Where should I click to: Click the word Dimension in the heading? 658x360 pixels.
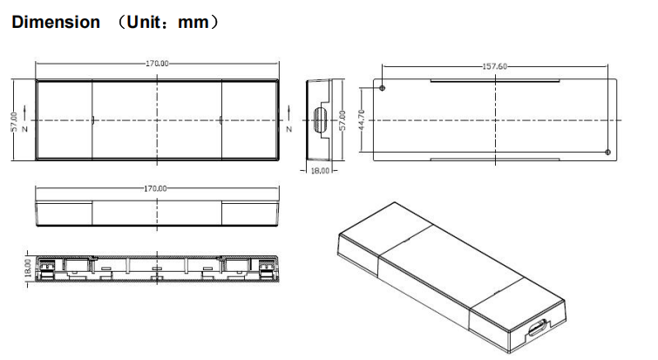click(x=55, y=23)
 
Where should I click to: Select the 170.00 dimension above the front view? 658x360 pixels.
click(x=158, y=187)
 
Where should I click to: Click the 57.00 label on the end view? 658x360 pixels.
click(x=343, y=119)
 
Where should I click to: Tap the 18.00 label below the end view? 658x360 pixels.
click(x=321, y=171)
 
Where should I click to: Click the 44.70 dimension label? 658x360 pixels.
click(x=361, y=119)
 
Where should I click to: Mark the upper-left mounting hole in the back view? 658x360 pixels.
click(x=384, y=87)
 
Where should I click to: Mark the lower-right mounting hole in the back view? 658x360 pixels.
click(x=607, y=153)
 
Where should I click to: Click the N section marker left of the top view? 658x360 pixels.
click(x=25, y=129)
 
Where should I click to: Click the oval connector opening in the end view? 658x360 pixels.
click(x=319, y=119)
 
